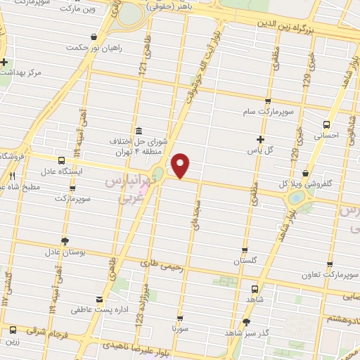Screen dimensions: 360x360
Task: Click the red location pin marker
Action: click(x=181, y=166)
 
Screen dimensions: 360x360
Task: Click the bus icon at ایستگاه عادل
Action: click(x=62, y=160)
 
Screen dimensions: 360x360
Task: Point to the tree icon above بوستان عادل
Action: click(x=65, y=240)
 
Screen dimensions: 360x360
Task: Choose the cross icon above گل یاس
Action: click(x=261, y=139)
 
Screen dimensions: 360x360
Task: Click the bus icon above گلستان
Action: click(x=245, y=250)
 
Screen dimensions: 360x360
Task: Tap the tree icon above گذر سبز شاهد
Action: click(x=245, y=323)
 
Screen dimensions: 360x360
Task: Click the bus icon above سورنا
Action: click(x=181, y=317)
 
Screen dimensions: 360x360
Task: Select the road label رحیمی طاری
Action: click(x=161, y=265)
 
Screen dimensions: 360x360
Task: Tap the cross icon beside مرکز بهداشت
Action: click(x=4, y=62)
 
